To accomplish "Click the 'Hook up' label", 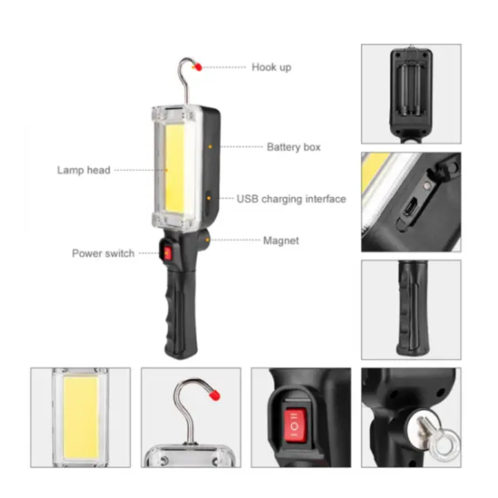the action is tap(271, 67).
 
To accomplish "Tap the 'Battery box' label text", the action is tap(293, 147).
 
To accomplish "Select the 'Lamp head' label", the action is tap(83, 170).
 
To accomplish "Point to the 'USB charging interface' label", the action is tap(291, 199).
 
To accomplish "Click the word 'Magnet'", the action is tap(281, 240).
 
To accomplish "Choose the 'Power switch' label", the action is tap(103, 253).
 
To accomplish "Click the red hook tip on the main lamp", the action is tap(198, 67).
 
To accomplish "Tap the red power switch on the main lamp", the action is tap(167, 253).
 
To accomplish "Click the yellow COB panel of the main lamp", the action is tap(175, 168).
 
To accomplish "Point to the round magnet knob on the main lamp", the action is tap(204, 239).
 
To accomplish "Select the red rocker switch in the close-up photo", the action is tap(295, 425).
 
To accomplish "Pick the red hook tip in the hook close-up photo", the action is tap(214, 395).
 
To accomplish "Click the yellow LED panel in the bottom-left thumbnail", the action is tap(81, 417).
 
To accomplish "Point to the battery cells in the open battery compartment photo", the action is tap(411, 89).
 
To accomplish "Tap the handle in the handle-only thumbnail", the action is tap(413, 308).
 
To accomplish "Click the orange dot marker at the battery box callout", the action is tap(210, 147).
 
